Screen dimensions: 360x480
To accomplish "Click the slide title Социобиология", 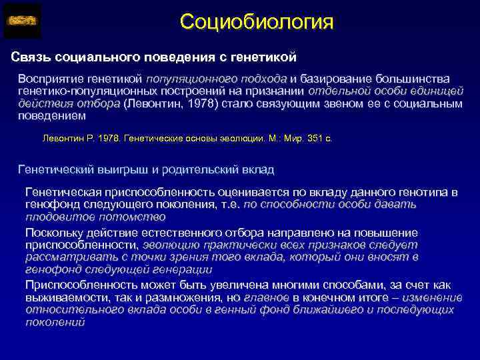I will coord(256,22).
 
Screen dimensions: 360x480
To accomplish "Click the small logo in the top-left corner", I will coord(22,21).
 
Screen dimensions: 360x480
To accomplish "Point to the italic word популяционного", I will coord(191,79).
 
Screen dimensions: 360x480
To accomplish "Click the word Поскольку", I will coord(57,233).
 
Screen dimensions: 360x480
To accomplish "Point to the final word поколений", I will coord(55,322).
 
